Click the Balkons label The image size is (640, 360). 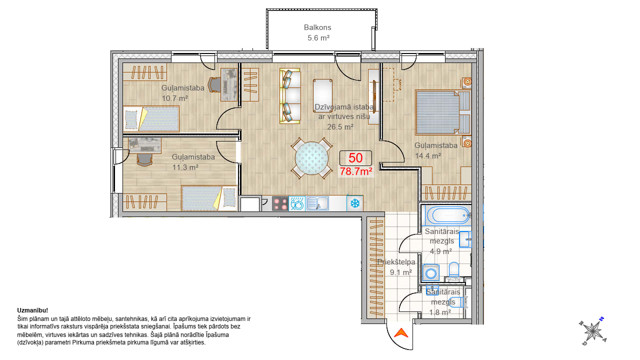(317, 27)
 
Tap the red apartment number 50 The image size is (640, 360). (355, 158)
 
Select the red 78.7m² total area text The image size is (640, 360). (355, 171)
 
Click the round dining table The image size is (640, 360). (311, 158)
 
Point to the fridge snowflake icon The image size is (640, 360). (355, 203)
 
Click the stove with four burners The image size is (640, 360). (280, 203)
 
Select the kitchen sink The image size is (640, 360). (317, 203)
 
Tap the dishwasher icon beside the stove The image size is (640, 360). (297, 203)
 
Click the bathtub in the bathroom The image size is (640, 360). (448, 215)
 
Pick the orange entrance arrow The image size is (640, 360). (401, 333)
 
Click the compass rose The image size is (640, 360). (593, 331)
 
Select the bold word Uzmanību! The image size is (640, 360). (32, 310)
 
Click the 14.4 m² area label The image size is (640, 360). (427, 155)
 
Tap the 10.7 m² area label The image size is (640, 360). (175, 98)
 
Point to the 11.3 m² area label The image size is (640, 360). (185, 167)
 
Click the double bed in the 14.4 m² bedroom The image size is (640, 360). (443, 112)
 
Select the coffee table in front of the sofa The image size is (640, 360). (322, 93)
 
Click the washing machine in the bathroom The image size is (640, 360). (431, 273)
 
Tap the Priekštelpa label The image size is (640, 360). (396, 261)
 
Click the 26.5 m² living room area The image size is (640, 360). (340, 126)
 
